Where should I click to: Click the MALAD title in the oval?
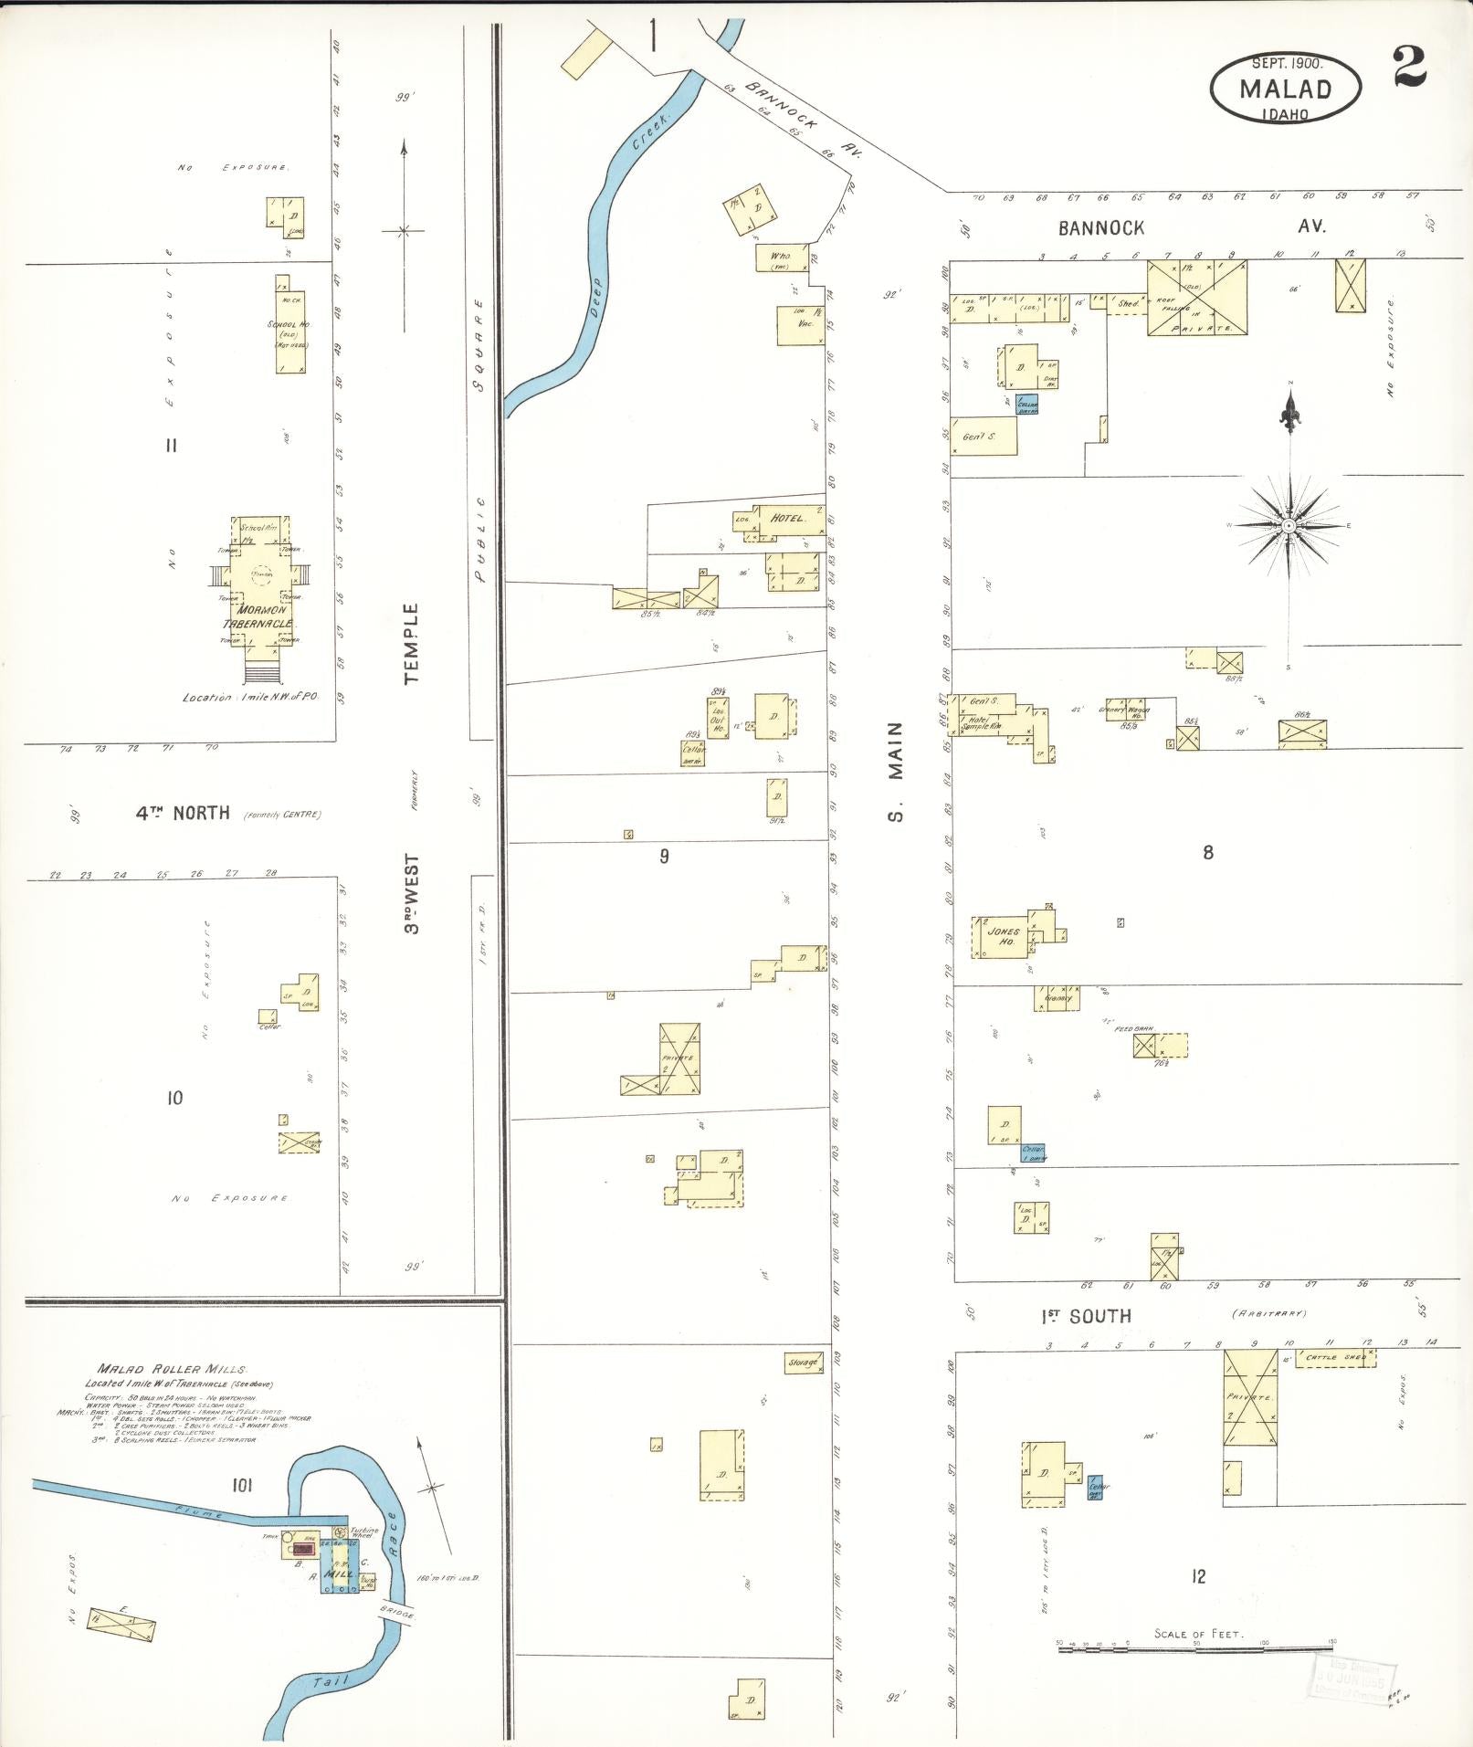click(x=1285, y=89)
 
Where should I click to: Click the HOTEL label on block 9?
click(x=787, y=518)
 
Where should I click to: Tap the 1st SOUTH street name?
click(x=1086, y=1316)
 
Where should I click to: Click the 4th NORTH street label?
click(x=183, y=813)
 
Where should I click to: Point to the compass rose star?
click(x=1288, y=526)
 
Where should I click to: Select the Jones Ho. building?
click(x=1003, y=937)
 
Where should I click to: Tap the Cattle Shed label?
click(x=1336, y=1358)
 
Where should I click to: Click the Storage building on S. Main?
click(x=804, y=1363)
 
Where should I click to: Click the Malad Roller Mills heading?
click(x=172, y=1369)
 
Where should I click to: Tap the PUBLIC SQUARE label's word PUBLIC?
click(x=480, y=540)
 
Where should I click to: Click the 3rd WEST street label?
click(x=413, y=893)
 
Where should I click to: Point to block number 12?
click(x=1198, y=1576)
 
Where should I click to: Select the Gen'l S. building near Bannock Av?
click(x=978, y=437)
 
